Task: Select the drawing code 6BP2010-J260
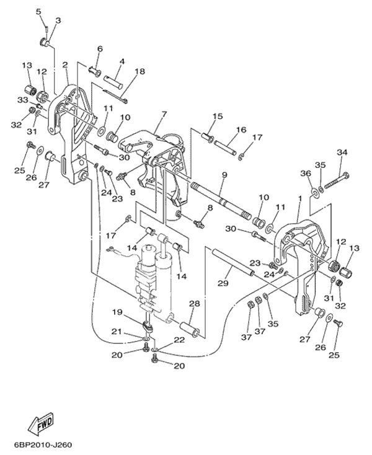pyautogui.click(x=42, y=446)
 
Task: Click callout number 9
pyautogui.click(x=223, y=175)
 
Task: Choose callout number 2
pyautogui.click(x=65, y=64)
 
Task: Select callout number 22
pyautogui.click(x=179, y=340)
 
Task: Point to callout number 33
pyautogui.click(x=22, y=100)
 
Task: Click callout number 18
pyautogui.click(x=139, y=72)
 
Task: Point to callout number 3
pyautogui.click(x=58, y=21)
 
